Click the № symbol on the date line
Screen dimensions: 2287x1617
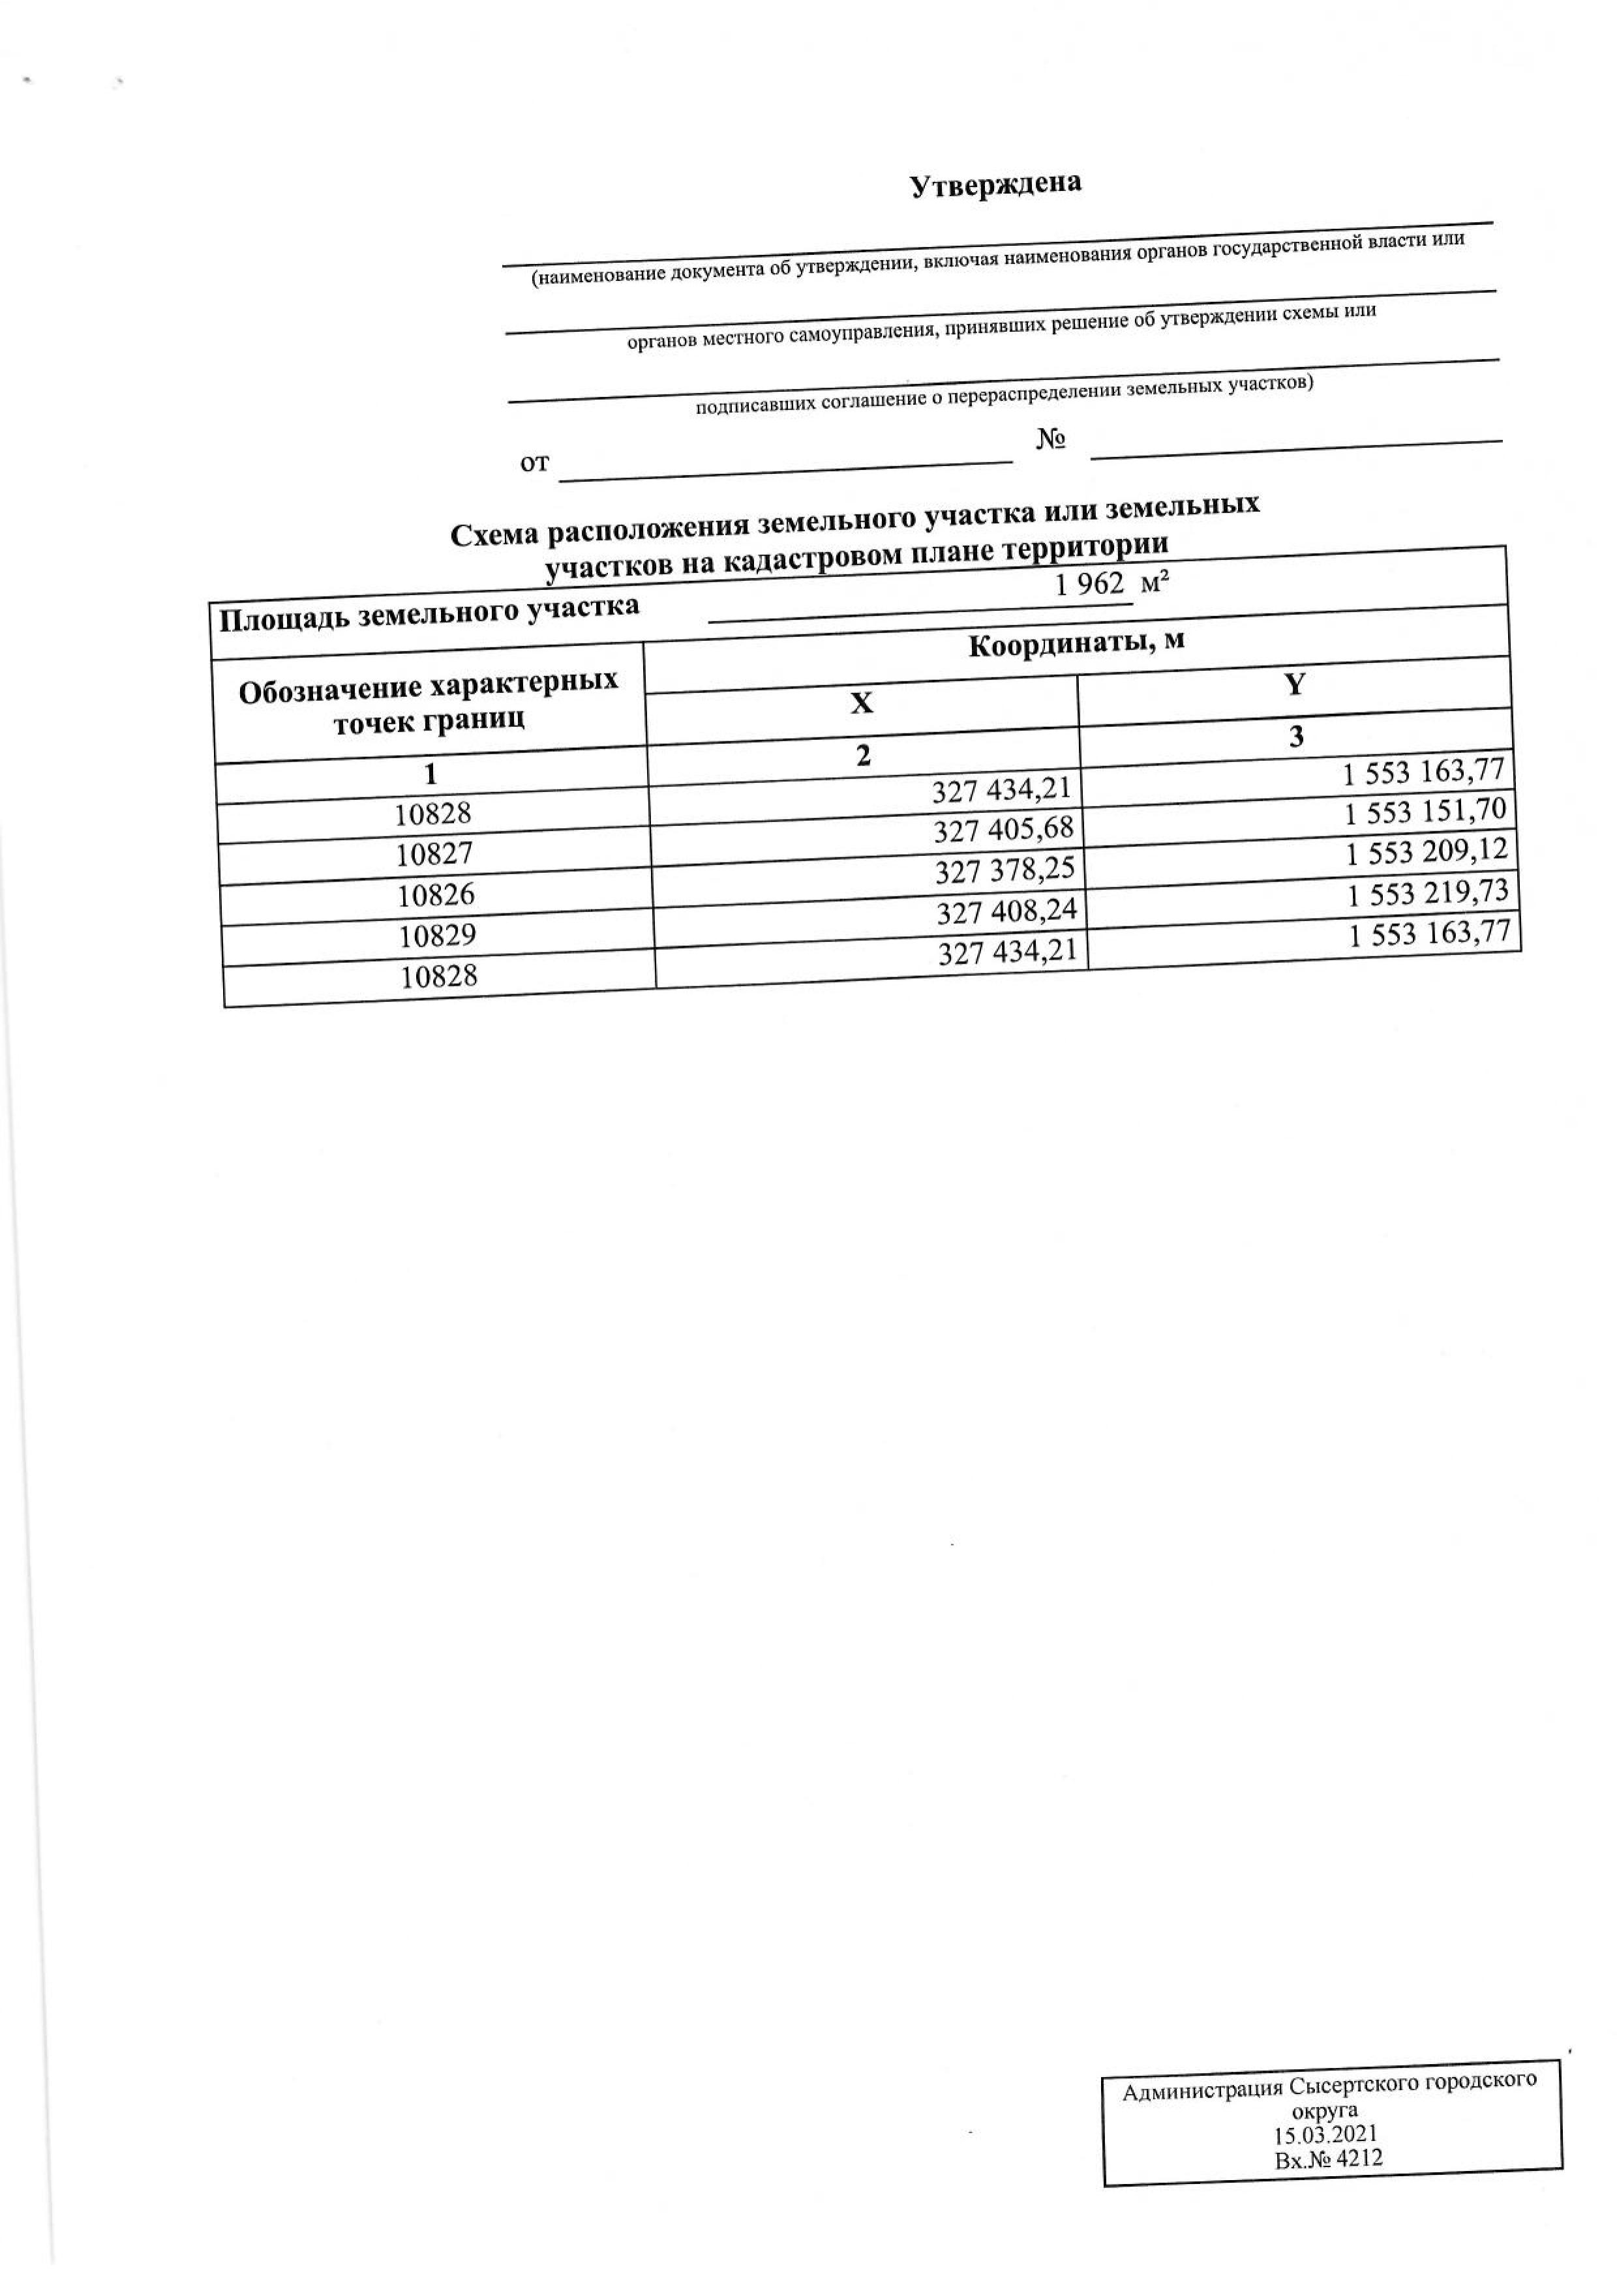1051,439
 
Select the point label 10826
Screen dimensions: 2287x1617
435,894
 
